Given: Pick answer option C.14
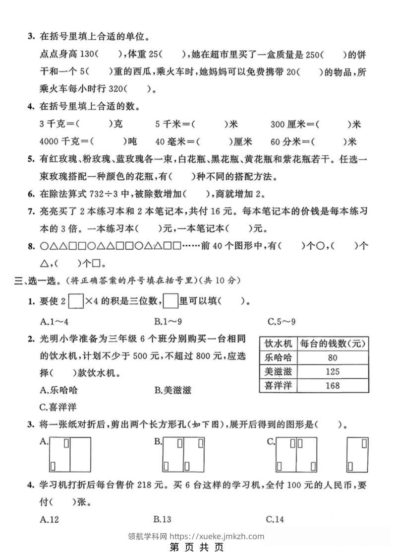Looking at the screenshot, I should (x=275, y=519).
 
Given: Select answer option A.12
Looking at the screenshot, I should (x=50, y=519).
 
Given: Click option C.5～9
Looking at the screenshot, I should (x=281, y=321).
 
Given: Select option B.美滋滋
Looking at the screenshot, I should (x=172, y=390).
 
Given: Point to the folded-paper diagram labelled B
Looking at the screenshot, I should (x=183, y=454).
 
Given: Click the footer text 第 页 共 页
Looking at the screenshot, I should (x=196, y=548).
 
